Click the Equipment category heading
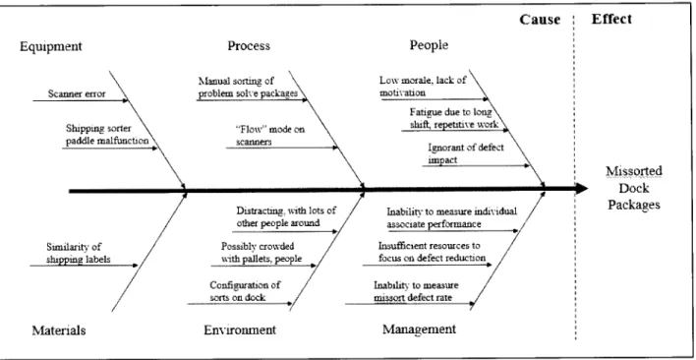click(51, 46)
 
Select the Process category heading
click(249, 45)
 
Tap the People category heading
click(429, 45)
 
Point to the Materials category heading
click(59, 330)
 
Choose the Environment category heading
click(240, 330)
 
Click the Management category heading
click(419, 329)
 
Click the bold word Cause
click(540, 20)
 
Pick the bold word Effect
click(611, 19)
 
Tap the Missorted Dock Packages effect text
click(634, 188)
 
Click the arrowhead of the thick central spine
click(582, 189)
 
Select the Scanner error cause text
click(77, 93)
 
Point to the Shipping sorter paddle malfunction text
click(107, 135)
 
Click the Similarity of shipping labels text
click(78, 254)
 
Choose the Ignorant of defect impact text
click(466, 153)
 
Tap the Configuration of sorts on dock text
click(245, 291)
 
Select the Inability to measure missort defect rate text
click(416, 291)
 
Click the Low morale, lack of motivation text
click(423, 87)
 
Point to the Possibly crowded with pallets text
click(261, 252)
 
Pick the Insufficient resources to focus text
click(432, 252)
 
